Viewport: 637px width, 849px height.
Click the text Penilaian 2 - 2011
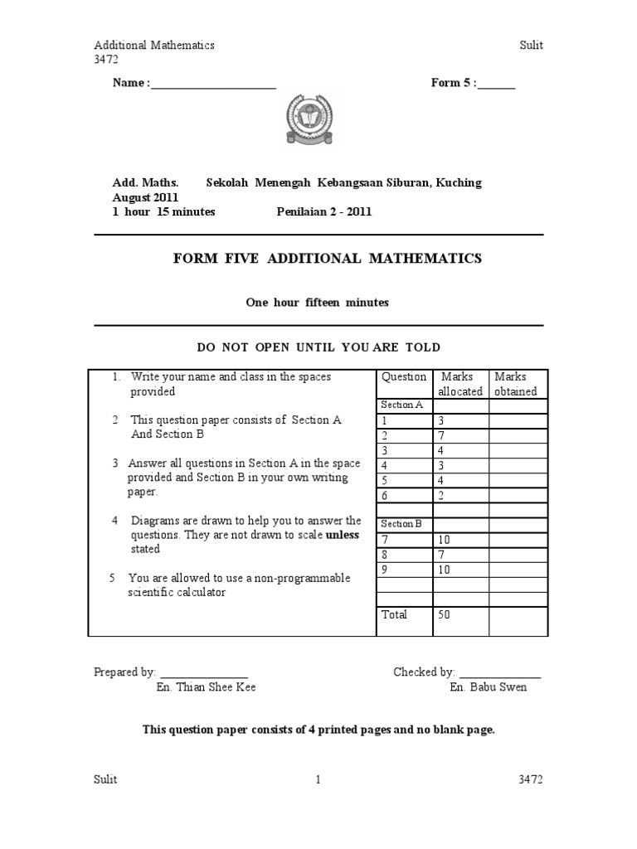pyautogui.click(x=324, y=211)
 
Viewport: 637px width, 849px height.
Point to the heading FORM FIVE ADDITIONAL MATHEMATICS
pyautogui.click(x=327, y=259)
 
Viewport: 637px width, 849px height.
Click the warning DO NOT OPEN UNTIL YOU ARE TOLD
pyautogui.click(x=318, y=347)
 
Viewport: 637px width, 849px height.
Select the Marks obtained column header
pyautogui.click(x=515, y=384)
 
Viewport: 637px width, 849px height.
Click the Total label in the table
pyautogui.click(x=394, y=614)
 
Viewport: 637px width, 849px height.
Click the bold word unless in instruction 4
pyautogui.click(x=343, y=535)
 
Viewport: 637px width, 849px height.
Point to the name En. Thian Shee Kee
pyautogui.click(x=206, y=687)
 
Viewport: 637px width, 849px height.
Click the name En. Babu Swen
pyautogui.click(x=488, y=687)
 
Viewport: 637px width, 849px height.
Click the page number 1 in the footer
pyautogui.click(x=318, y=779)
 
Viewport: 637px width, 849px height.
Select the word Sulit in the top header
pyautogui.click(x=531, y=46)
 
